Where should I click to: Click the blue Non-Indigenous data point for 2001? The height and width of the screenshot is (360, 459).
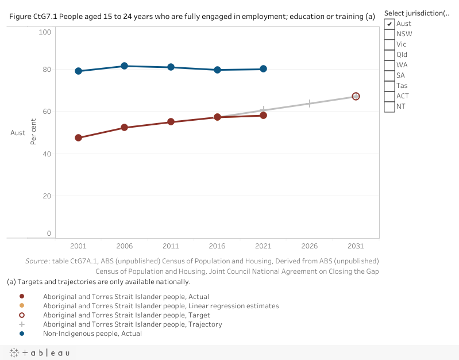click(78, 71)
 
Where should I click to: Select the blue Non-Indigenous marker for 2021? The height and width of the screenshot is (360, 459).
click(263, 69)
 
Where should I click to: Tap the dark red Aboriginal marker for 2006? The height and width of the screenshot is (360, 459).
click(124, 128)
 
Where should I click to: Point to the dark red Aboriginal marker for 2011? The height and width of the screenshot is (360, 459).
click(171, 122)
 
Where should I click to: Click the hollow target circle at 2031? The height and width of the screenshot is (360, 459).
click(356, 96)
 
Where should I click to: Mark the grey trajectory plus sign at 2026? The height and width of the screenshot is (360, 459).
click(310, 104)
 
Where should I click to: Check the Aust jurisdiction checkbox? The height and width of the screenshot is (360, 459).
click(389, 24)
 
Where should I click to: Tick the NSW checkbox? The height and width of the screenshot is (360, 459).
click(389, 34)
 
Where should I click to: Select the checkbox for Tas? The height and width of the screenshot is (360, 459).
click(389, 86)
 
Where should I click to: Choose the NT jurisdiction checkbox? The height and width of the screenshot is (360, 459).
click(389, 106)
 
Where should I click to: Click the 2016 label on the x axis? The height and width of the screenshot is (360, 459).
click(217, 246)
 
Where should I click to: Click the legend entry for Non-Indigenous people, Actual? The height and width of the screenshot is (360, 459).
click(92, 334)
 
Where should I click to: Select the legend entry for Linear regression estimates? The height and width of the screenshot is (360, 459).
click(161, 306)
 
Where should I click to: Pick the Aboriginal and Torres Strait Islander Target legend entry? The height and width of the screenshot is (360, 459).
click(126, 315)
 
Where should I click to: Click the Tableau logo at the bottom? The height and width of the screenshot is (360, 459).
click(40, 353)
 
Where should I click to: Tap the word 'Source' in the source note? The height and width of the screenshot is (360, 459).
click(38, 261)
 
